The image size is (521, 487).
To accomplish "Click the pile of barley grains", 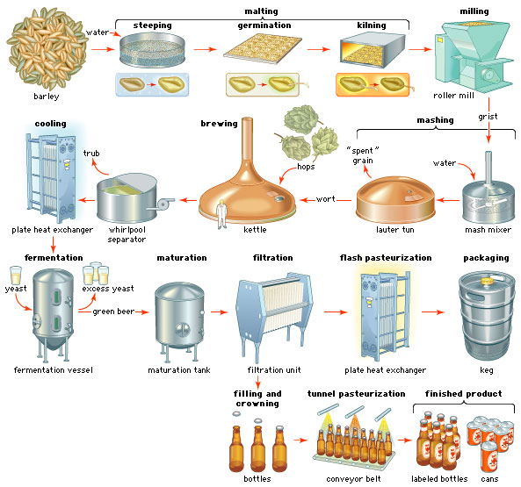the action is click(47, 49).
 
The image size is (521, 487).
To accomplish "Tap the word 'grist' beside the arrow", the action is click(488, 117).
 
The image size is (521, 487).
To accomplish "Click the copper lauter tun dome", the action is click(395, 199).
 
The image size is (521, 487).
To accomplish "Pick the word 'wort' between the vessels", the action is click(326, 199).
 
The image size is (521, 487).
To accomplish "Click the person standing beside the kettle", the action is click(221, 214).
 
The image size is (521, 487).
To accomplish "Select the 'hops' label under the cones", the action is click(306, 166).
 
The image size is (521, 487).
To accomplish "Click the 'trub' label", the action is click(91, 154).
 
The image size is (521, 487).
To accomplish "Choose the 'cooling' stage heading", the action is click(50, 124).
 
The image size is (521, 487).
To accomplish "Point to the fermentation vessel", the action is click(54, 314).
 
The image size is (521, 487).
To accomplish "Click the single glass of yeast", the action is click(16, 275).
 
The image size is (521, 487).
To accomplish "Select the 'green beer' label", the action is click(113, 312).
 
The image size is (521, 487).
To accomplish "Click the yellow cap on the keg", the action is click(487, 282).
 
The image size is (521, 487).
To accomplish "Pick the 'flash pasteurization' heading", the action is click(386, 258).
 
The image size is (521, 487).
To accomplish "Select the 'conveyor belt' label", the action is click(353, 479).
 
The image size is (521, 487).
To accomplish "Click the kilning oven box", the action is click(373, 50).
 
